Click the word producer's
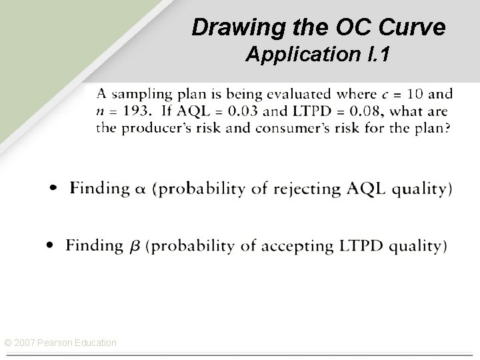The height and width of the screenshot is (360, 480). pos(151,127)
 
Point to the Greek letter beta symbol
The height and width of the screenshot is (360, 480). pos(134,246)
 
